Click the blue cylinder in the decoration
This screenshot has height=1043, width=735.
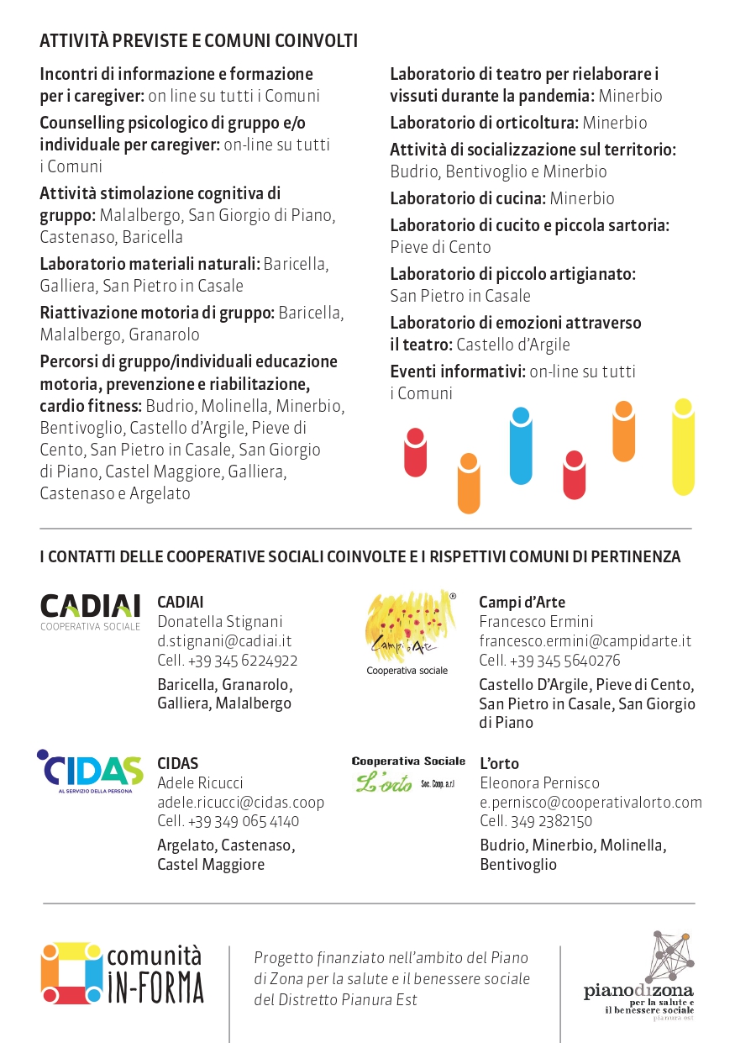point(521,445)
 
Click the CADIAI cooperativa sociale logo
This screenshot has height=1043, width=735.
point(91,611)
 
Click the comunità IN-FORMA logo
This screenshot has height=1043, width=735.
point(123,973)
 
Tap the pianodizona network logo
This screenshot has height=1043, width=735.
point(639,975)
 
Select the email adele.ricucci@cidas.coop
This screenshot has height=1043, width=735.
point(241,803)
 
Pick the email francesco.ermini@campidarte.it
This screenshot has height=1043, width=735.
point(585,641)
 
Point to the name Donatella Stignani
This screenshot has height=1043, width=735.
point(220,622)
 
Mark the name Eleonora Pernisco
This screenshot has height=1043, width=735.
point(539,783)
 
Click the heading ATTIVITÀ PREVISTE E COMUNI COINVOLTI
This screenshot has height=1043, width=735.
point(198,41)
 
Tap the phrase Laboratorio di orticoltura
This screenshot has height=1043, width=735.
point(484,123)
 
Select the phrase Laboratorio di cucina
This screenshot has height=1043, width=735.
point(467,198)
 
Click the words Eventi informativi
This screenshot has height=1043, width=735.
point(458,371)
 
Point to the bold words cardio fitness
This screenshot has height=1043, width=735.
point(91,406)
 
